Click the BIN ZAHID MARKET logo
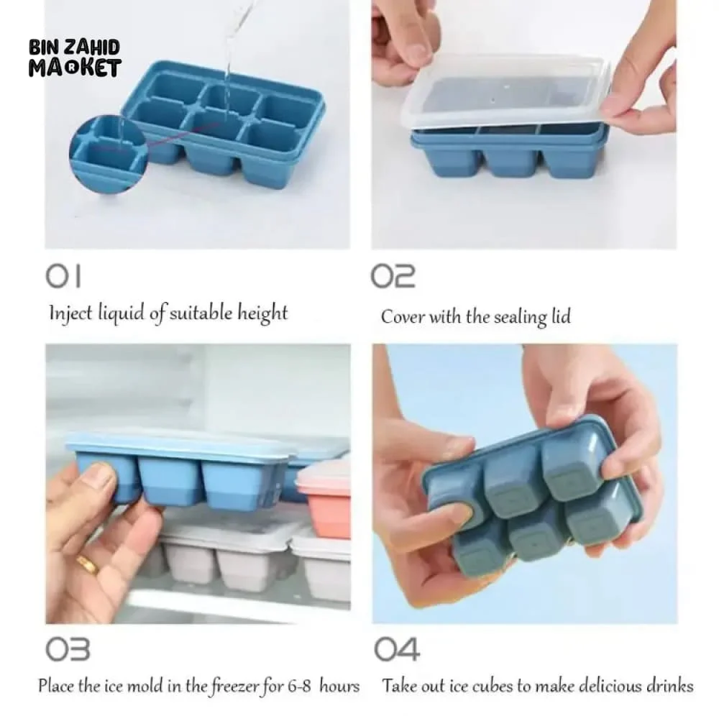click(x=75, y=58)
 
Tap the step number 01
click(x=64, y=276)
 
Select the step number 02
click(x=393, y=276)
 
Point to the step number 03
click(x=68, y=649)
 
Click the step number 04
click(x=397, y=649)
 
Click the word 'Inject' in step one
click(x=70, y=313)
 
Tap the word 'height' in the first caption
click(x=262, y=313)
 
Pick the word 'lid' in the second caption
click(x=561, y=316)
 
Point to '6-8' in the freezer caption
click(x=299, y=687)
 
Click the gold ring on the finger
click(x=87, y=565)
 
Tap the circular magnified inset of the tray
click(x=109, y=155)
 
